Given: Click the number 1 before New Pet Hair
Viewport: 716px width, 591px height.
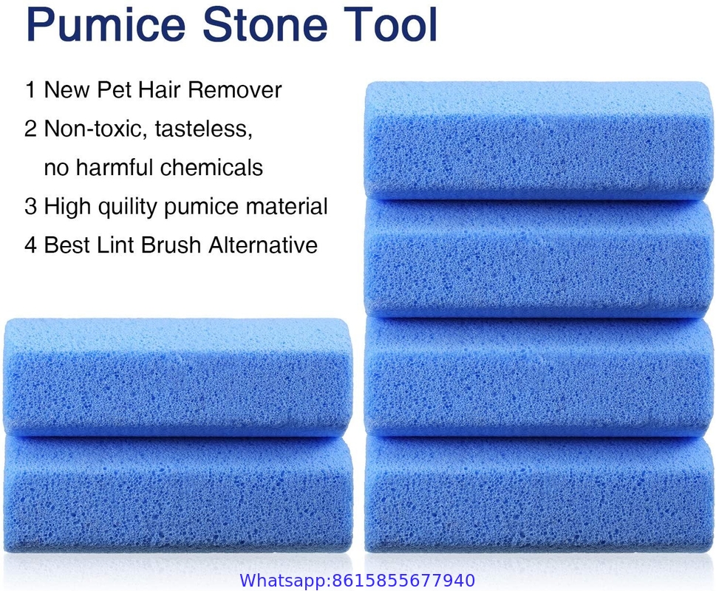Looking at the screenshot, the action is click(30, 89).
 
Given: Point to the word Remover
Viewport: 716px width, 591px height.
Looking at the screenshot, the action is click(235, 89).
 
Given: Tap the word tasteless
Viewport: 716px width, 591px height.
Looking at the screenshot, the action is click(204, 129).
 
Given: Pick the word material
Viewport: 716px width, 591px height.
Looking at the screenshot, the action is click(286, 206).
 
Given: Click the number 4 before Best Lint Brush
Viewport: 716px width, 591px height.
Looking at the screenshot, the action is click(30, 245).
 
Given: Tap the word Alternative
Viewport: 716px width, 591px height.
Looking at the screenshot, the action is click(263, 245).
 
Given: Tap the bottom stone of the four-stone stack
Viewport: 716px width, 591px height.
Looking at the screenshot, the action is click(539, 494).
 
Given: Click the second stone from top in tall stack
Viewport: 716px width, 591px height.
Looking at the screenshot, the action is click(539, 258).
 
